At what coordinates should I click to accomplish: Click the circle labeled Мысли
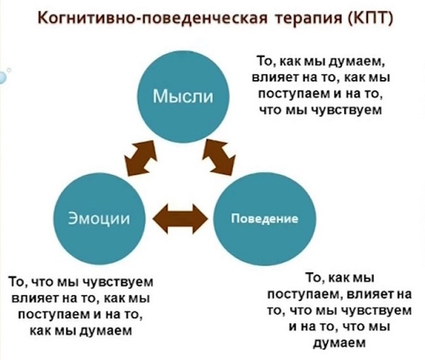(x=183, y=96)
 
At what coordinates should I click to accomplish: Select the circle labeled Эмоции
(x=99, y=219)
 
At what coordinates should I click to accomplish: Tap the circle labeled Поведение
(x=265, y=219)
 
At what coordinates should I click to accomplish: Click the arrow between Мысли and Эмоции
(x=141, y=158)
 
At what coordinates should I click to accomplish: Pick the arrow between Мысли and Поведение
(x=219, y=157)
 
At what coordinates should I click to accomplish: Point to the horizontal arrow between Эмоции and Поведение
(x=180, y=219)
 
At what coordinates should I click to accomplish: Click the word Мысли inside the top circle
(x=183, y=96)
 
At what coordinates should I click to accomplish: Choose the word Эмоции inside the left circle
(x=99, y=219)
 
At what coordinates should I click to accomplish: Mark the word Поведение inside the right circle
(x=265, y=219)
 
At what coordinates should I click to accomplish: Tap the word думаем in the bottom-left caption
(x=105, y=331)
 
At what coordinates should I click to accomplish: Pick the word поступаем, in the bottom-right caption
(x=306, y=295)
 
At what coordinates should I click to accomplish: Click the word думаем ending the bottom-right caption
(x=340, y=343)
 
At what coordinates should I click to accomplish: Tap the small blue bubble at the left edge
(x=3, y=78)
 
